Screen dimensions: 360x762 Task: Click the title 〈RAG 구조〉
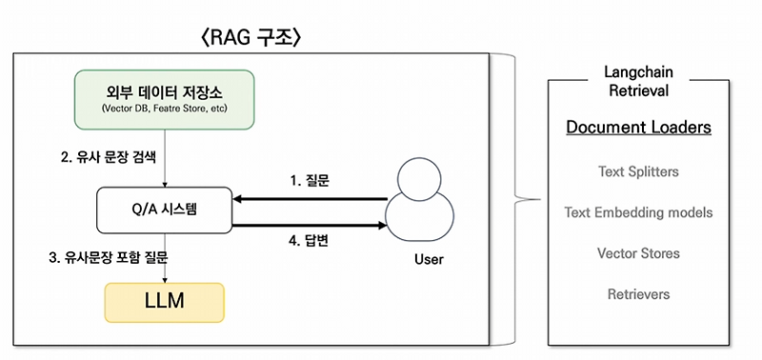coord(251,39)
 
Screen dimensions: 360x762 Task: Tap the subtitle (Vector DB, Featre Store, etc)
coord(167,110)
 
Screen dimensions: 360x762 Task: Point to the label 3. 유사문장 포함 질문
coord(114,256)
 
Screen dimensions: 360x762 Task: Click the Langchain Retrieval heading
coord(637,82)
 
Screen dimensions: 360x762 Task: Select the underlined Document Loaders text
coord(637,128)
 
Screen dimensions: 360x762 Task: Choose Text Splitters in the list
coord(637,171)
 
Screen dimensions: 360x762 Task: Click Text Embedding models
coord(637,212)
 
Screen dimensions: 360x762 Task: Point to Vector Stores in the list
coord(637,253)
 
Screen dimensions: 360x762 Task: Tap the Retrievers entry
coord(637,294)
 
